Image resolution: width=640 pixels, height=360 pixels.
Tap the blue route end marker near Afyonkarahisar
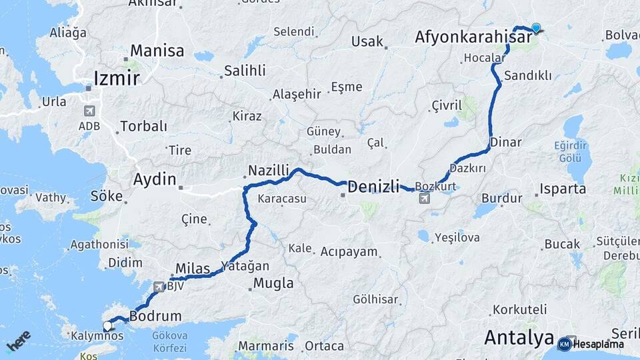pos(535,28)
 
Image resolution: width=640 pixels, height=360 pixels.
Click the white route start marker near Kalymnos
pos(107,326)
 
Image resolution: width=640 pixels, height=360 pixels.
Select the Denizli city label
pos(373,186)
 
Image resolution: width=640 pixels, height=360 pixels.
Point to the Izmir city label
pos(117,79)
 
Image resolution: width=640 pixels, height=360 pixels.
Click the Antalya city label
pos(519,337)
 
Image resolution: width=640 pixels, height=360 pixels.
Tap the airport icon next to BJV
pos(159,287)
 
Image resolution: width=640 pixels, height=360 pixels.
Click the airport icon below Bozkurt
pos(424,198)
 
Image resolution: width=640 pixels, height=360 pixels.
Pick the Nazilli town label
pos(268,171)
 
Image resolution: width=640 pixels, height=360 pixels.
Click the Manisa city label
pos(157,51)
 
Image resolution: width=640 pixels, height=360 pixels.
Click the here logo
pos(18,341)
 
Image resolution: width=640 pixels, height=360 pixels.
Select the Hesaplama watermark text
pos(598,344)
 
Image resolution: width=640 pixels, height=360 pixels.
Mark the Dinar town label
pos(505,142)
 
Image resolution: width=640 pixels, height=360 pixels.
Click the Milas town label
pos(192,268)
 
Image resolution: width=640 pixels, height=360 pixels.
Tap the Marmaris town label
pos(265,346)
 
